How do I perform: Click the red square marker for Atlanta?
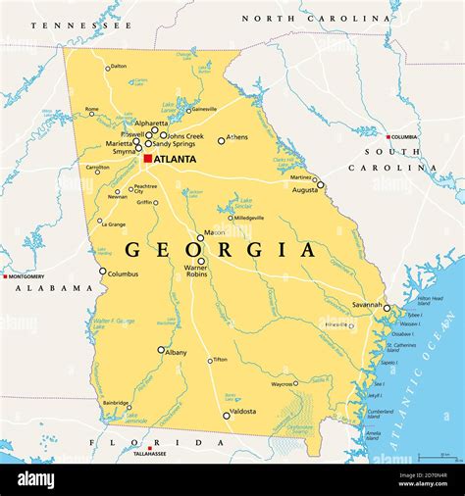click(148, 159)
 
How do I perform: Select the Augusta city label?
click(306, 189)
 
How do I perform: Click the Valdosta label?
click(242, 412)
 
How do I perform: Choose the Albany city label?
click(177, 352)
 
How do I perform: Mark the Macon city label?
click(212, 234)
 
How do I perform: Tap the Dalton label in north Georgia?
click(119, 67)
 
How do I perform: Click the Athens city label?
click(237, 137)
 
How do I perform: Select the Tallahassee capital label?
click(150, 454)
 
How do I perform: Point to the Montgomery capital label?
click(28, 276)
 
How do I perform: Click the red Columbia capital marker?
click(389, 136)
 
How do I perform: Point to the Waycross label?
click(283, 385)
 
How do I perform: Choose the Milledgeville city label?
click(246, 218)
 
